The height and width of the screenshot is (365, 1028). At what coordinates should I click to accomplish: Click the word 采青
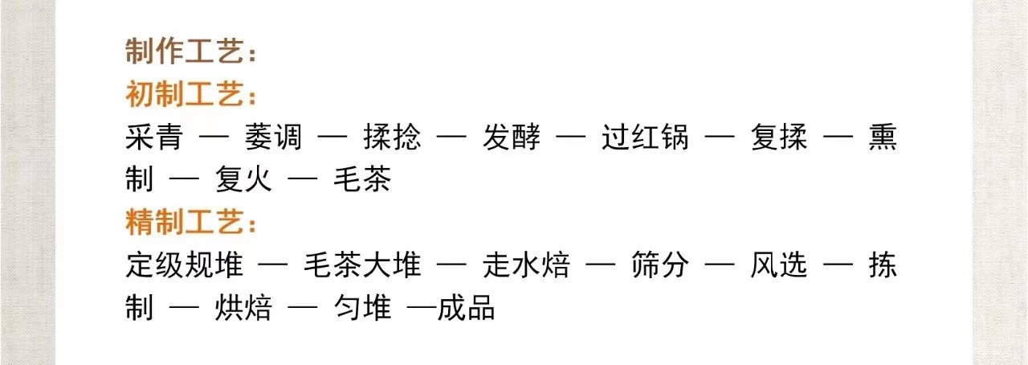[154, 137]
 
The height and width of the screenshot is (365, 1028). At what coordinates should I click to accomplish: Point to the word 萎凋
[273, 137]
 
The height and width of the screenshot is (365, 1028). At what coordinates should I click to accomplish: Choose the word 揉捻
[392, 137]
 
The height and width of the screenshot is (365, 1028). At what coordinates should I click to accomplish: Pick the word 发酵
[511, 137]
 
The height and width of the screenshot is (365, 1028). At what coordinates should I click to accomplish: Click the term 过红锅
[645, 137]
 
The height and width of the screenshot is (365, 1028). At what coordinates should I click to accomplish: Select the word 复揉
[779, 137]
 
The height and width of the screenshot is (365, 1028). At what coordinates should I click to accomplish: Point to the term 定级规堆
[184, 265]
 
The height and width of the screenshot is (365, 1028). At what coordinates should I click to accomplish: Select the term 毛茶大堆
[362, 265]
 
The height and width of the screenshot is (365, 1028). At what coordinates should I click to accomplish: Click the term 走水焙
[526, 265]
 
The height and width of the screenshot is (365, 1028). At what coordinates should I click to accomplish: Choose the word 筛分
[659, 265]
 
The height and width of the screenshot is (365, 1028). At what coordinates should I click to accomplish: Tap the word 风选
[779, 265]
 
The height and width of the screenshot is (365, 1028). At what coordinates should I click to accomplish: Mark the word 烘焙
[243, 308]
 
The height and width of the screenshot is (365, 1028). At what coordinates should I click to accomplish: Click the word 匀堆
[362, 308]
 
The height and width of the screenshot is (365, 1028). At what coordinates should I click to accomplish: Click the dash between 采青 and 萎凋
[214, 138]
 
